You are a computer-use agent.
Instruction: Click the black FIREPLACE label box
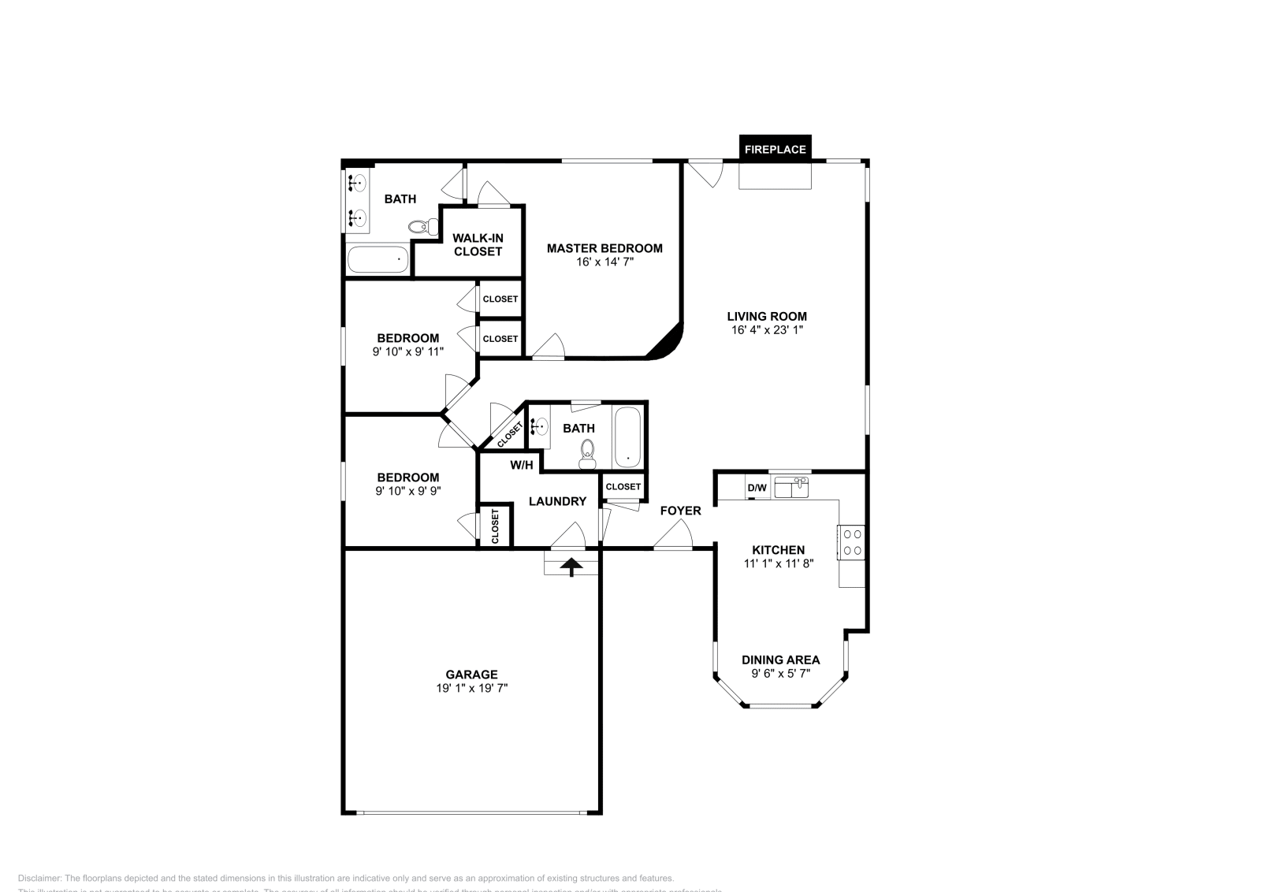775,149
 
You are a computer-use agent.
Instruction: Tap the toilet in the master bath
425,227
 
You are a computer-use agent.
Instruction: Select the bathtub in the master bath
378,259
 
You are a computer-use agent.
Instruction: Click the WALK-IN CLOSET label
478,244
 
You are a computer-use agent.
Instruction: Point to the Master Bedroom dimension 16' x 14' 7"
604,262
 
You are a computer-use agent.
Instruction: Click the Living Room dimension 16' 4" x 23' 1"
767,330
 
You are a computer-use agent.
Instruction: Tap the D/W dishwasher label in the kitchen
757,488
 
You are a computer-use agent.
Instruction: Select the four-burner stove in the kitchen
852,542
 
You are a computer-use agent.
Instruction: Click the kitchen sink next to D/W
791,487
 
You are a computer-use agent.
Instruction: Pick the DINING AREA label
780,660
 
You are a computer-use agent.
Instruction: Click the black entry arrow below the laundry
571,566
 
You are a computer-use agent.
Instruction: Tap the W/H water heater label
521,465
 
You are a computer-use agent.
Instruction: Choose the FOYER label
680,511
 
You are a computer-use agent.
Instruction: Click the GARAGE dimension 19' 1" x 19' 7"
471,688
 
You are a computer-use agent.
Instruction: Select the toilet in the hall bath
587,454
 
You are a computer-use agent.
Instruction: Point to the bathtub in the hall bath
628,437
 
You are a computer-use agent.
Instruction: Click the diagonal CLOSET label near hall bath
510,434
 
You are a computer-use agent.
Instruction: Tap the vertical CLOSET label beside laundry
496,526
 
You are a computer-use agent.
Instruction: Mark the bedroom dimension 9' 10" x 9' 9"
407,491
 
